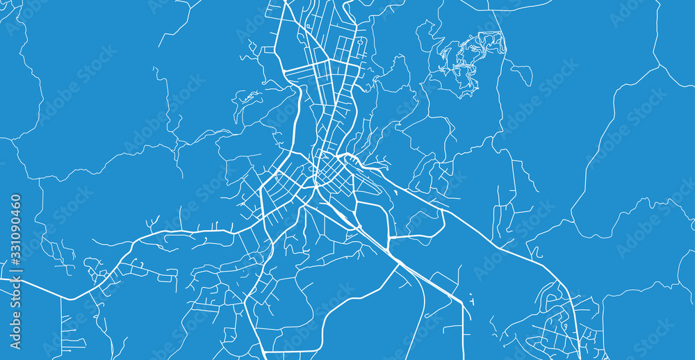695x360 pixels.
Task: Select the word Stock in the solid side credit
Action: [x=15, y=309]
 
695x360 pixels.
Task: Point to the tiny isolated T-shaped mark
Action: [x=472, y=302]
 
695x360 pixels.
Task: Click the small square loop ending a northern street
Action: [x=360, y=43]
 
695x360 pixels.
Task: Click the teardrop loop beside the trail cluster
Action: [x=523, y=72]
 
